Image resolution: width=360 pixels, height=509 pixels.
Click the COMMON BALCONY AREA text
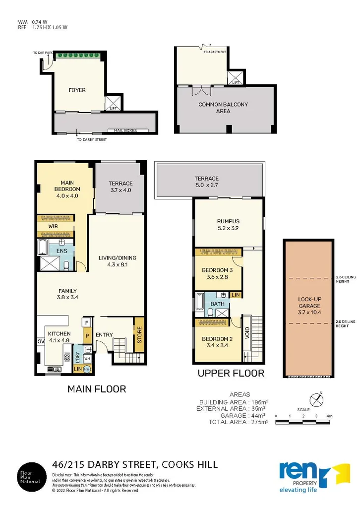(x=223, y=108)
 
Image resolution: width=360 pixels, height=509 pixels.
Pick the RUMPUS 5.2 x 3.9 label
(x=229, y=225)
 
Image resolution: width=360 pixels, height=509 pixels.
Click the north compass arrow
(x=316, y=398)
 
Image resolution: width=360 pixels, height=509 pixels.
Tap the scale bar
(x=302, y=422)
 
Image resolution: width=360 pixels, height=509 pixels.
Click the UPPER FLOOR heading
(x=231, y=373)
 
